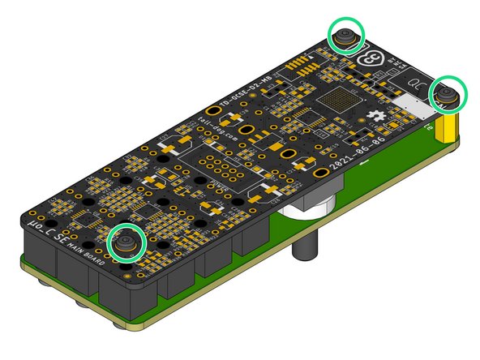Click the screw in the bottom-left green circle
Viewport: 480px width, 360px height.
126,242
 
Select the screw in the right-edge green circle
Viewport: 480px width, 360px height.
447,96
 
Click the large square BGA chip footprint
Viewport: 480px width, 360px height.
337,101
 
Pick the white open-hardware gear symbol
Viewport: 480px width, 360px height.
375,118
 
